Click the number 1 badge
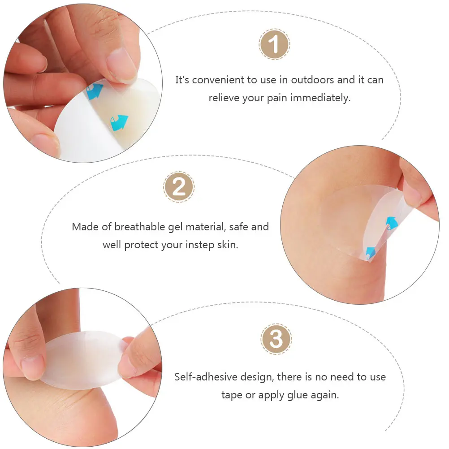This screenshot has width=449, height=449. click(274, 45)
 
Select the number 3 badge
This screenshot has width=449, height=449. click(276, 339)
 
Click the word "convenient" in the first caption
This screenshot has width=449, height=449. click(216, 80)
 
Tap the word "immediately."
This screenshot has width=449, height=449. click(320, 98)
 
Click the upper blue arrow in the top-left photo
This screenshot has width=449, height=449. click(95, 92)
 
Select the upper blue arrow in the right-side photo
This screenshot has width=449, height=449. click(391, 223)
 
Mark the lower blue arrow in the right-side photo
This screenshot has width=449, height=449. click(370, 252)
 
